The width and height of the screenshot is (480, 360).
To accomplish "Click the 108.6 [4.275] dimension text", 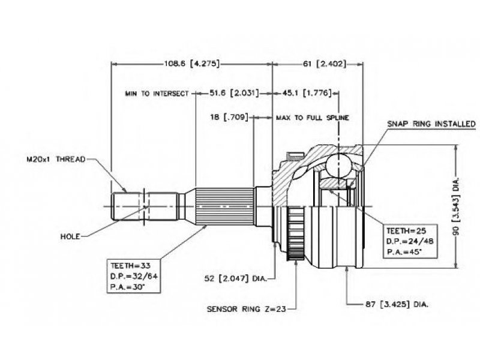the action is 192,64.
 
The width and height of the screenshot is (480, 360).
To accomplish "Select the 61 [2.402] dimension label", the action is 325,64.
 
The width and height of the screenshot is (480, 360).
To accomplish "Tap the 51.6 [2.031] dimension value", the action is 234,93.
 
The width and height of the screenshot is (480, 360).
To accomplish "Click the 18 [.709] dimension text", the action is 229,117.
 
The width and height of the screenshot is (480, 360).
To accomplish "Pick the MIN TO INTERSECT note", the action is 157,94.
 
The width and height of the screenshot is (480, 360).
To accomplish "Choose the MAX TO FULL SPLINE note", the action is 313,118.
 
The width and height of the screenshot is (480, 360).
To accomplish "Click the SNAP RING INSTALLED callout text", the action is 431,124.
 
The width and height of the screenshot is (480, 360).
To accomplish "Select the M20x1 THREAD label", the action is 56,159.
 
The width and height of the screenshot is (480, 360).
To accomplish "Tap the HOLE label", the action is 70,236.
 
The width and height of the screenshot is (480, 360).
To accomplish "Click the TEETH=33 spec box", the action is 133,276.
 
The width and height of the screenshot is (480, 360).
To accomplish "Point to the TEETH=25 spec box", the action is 410,241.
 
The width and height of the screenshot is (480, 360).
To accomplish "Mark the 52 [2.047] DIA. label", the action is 235,278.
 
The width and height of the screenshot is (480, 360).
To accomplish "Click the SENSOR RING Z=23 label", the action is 247,309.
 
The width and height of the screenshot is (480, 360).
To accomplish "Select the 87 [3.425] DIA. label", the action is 397,304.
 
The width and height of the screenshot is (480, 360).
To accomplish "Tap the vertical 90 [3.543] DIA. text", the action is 456,206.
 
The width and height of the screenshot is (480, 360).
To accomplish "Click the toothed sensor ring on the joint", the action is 296,234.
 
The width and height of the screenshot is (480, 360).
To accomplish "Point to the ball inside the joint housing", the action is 338,166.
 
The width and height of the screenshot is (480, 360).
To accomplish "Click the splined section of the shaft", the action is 224,206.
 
